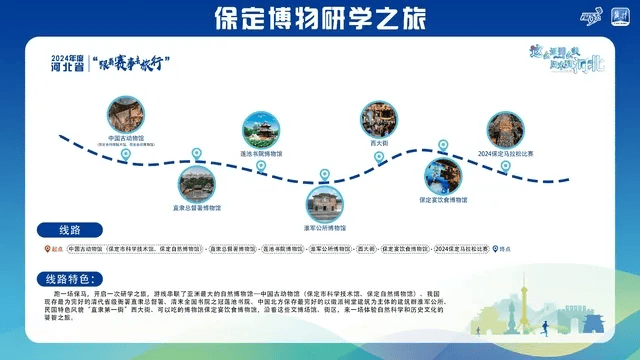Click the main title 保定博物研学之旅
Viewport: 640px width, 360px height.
(320, 17)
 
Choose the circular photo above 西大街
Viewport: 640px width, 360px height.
(380, 118)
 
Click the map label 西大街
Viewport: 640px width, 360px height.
(379, 143)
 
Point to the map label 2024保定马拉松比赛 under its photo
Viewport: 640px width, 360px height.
(506, 154)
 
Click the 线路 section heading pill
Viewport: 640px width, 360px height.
(74, 229)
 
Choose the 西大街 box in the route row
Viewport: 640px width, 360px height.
(370, 248)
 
